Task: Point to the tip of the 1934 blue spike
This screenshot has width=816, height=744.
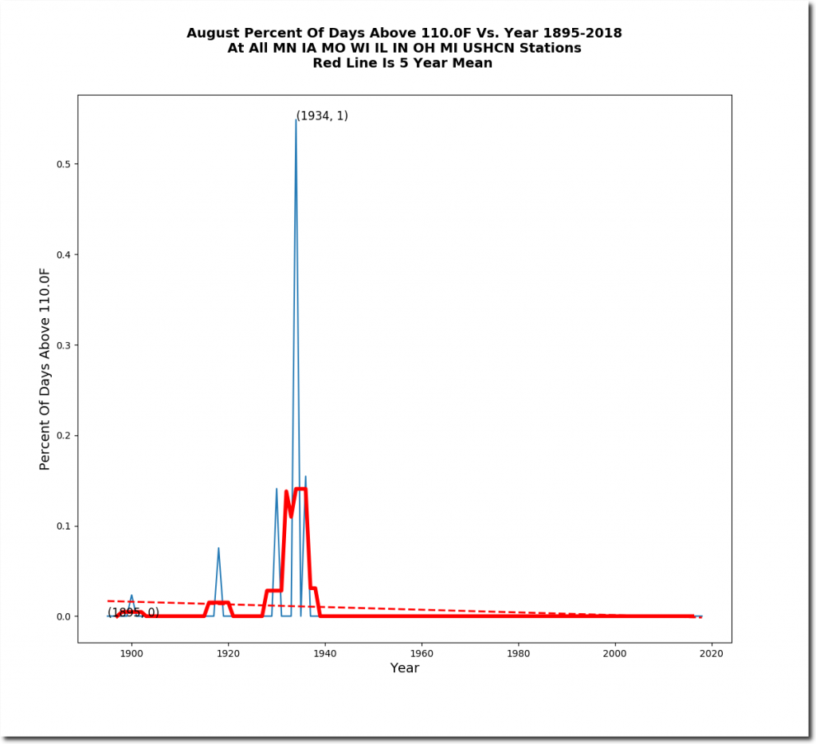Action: point(296,120)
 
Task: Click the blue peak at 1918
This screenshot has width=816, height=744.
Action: point(218,548)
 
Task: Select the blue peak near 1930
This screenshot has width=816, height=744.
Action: point(277,489)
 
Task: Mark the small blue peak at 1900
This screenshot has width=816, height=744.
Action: point(131,595)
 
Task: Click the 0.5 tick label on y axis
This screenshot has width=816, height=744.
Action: point(59,164)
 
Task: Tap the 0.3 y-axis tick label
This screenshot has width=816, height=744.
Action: point(59,345)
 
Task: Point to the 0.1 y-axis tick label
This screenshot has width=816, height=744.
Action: point(59,526)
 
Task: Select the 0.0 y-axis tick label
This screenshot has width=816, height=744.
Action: point(59,617)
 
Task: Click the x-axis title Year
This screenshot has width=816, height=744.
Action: point(405,668)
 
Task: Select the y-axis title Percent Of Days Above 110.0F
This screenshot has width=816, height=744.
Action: point(45,369)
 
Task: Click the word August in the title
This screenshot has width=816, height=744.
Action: point(213,33)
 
